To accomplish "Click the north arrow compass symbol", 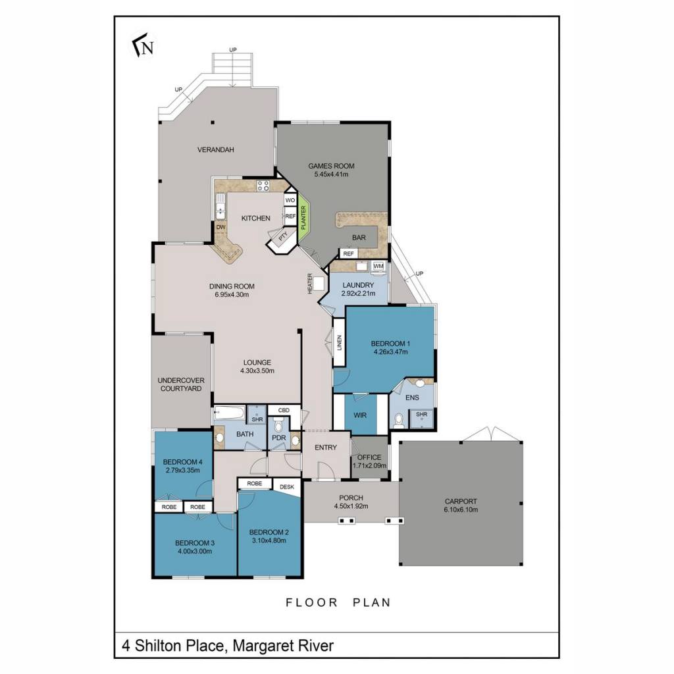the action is pos(143,45).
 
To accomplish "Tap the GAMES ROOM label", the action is pos(331,166).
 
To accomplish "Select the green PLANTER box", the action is pos(304,218).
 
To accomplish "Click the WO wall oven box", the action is pos(290,200).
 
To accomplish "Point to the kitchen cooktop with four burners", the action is pos(263,186).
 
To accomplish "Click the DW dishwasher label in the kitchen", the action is pos(220,227).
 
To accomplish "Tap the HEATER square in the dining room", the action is pos(319,284).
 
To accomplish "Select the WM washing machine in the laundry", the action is pos(378,266).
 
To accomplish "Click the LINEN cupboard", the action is pos(339,342).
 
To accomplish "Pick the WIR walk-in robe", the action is pos(360,415).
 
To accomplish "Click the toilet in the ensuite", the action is pos(398,420).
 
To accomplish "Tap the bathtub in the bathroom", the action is pos(229,413).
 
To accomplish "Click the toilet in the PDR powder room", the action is pos(278,426).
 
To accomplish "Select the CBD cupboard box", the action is pos(284,410).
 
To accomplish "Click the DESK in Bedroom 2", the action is pos(287,487).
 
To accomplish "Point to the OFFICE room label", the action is pos(369,457).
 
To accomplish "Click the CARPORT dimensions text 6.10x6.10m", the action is pos(461,510).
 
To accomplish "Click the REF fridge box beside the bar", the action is pos(348,253).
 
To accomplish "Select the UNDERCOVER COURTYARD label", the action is pos(181,384).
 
